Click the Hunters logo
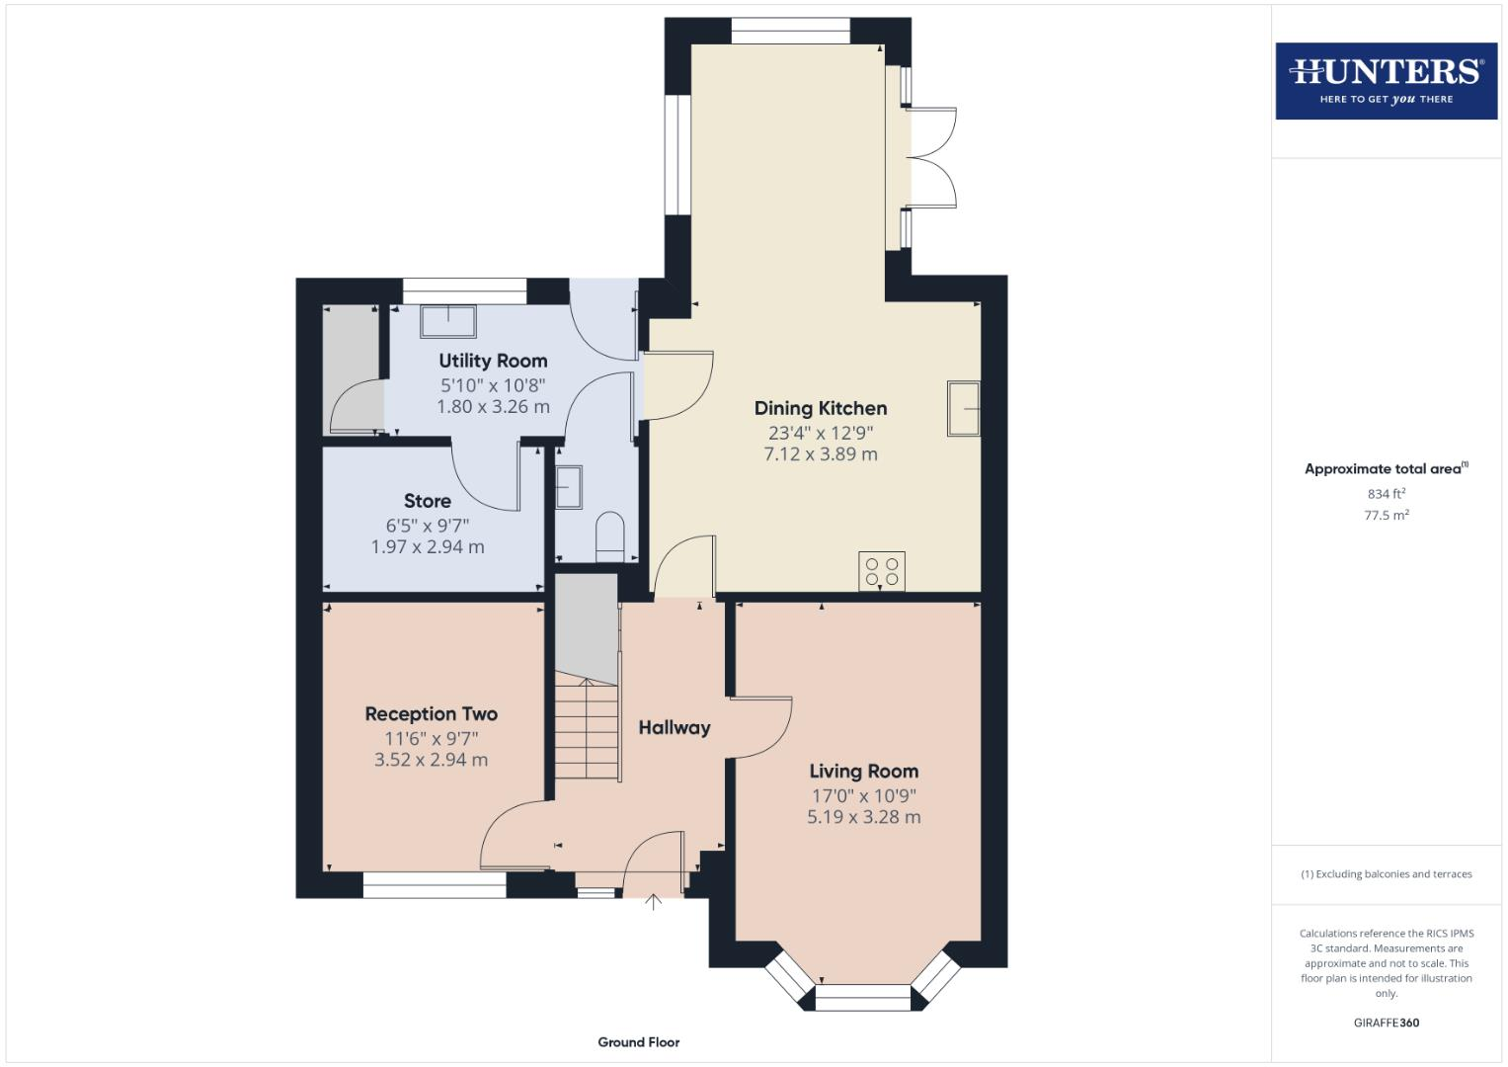(x=1386, y=80)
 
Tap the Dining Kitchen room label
(x=820, y=408)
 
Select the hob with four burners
(x=882, y=571)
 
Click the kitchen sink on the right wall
(x=964, y=408)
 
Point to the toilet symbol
(x=610, y=536)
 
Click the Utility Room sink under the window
(x=448, y=321)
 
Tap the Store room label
(x=427, y=501)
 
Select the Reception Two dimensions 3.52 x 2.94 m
(x=431, y=760)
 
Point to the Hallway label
(x=674, y=728)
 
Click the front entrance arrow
(x=653, y=901)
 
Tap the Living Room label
(x=863, y=772)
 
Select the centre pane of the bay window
(x=863, y=998)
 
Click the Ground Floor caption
(x=638, y=1042)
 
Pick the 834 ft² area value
(x=1386, y=494)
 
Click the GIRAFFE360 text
(x=1386, y=1023)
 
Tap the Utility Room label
(x=493, y=362)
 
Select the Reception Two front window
(x=435, y=885)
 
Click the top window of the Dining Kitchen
(x=790, y=31)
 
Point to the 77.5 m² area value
(x=1386, y=515)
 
